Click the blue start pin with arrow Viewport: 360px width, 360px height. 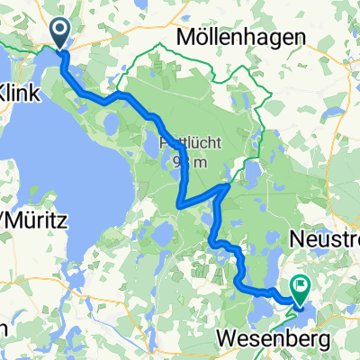coord(60,35)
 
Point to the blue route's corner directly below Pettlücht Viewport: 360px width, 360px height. coord(183,204)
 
